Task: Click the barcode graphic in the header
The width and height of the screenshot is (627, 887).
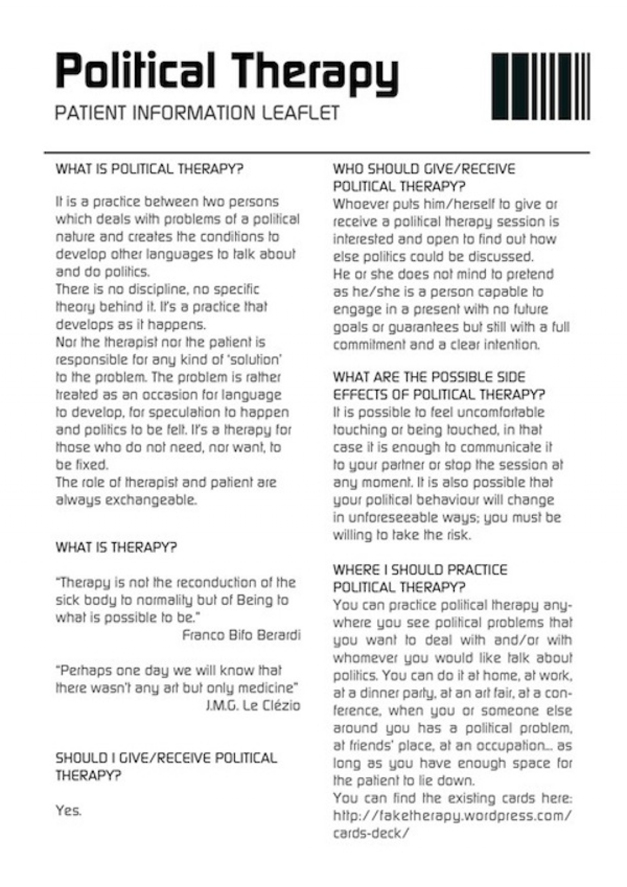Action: coord(540,86)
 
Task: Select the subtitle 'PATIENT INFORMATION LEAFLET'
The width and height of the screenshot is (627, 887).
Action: coord(197,113)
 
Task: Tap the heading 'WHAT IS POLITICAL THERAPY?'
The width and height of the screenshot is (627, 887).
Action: coord(149,169)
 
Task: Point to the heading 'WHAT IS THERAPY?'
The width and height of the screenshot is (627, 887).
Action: coord(116,548)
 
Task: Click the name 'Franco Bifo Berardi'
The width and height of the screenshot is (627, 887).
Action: coord(241,635)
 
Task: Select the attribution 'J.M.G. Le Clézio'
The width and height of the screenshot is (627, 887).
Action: coord(253,706)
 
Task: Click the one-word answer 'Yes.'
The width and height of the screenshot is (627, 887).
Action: coord(69,811)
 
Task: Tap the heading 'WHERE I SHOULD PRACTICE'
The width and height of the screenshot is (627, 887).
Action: coord(420,570)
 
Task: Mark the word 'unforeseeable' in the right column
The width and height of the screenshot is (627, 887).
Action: coord(398,518)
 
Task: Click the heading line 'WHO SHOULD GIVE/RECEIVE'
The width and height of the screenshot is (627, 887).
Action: coord(424,169)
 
